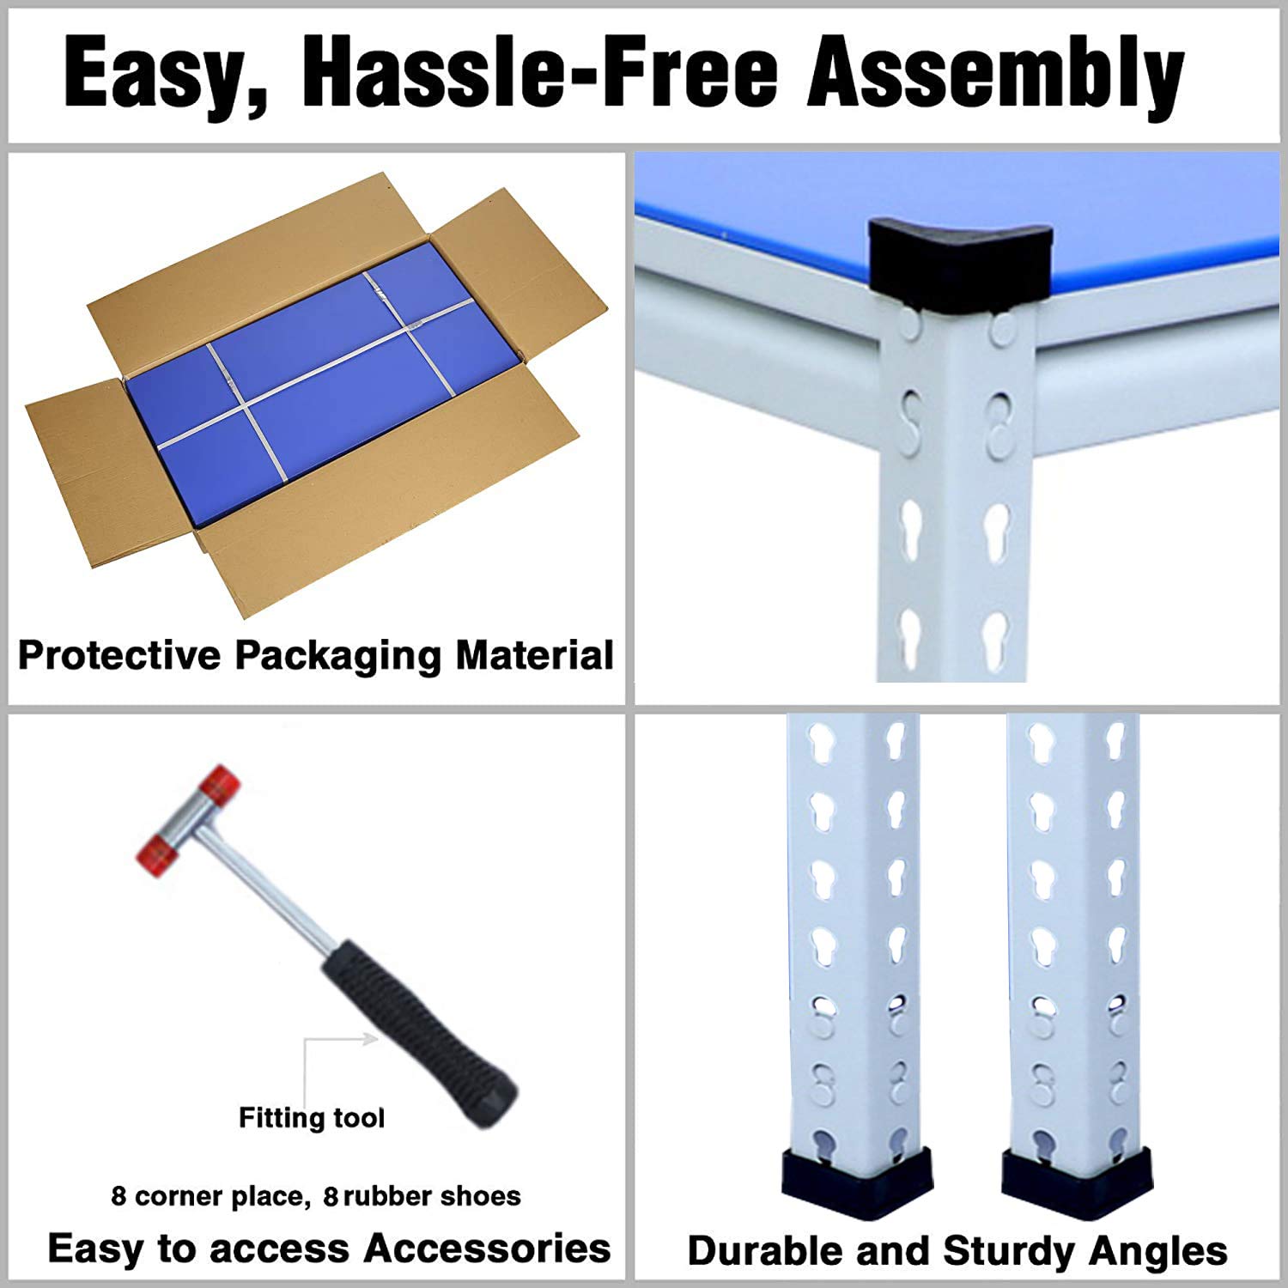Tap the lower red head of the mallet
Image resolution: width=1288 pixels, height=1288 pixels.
click(x=157, y=853)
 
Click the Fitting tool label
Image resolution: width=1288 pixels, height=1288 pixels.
click(x=312, y=1118)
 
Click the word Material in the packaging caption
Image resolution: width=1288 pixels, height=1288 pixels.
click(x=534, y=655)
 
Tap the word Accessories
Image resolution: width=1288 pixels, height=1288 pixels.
click(x=487, y=1248)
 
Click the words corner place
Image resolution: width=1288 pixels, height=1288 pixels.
click(x=221, y=1197)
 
